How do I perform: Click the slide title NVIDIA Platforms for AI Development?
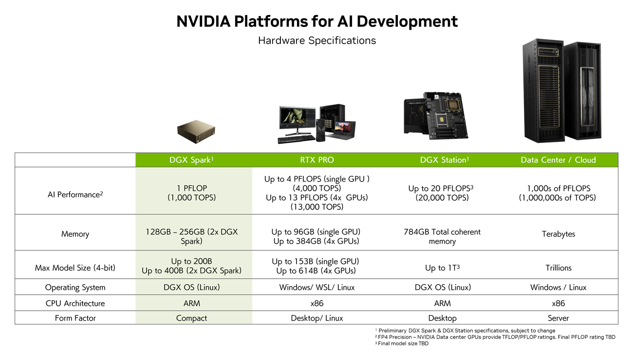316,21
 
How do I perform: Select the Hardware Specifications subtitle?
316,40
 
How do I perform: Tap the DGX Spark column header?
194,160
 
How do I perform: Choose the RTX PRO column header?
316,160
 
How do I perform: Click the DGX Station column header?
442,160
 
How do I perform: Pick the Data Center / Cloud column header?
558,160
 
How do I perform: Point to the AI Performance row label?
75,194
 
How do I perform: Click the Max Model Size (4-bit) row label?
75,268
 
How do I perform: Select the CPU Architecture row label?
75,303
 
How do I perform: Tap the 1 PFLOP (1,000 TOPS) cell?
194,193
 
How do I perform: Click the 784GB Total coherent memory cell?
442,237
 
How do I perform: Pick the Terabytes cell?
558,234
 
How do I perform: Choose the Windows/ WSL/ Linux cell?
316,287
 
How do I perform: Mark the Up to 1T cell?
442,268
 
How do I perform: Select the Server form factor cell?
558,318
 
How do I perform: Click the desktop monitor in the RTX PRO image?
296,119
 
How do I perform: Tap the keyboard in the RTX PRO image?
296,139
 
